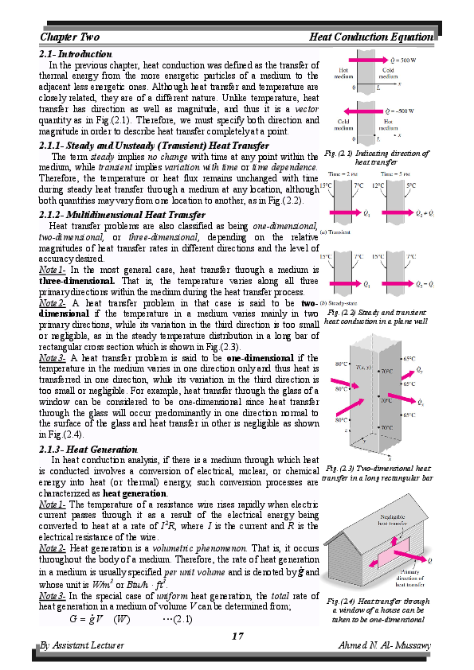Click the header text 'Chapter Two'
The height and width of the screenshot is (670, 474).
click(x=69, y=37)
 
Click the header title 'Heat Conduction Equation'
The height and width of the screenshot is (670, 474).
click(x=370, y=37)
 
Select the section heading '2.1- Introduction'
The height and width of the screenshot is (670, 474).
click(x=76, y=54)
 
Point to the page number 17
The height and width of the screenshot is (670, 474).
click(x=237, y=635)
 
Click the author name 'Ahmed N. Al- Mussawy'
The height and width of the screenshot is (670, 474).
click(x=386, y=645)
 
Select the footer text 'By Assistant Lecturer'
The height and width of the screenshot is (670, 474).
click(x=82, y=645)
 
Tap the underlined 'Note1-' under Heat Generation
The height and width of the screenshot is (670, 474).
click(x=53, y=504)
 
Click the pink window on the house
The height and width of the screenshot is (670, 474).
click(x=390, y=556)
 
